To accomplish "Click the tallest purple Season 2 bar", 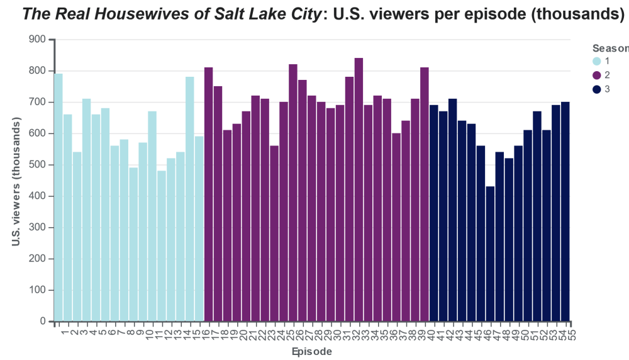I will [359, 189].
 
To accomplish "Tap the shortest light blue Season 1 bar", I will [162, 246].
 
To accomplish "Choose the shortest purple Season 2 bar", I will [274, 233].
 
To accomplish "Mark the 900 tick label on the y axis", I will [38, 40].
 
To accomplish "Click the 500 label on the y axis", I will [38, 165].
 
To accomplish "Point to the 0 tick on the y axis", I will [43, 322].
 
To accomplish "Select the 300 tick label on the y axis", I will [38, 228].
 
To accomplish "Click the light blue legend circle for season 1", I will [597, 61].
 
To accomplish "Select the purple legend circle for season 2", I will [597, 75].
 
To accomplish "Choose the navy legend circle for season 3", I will [597, 89].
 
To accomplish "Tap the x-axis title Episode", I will [312, 351].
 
